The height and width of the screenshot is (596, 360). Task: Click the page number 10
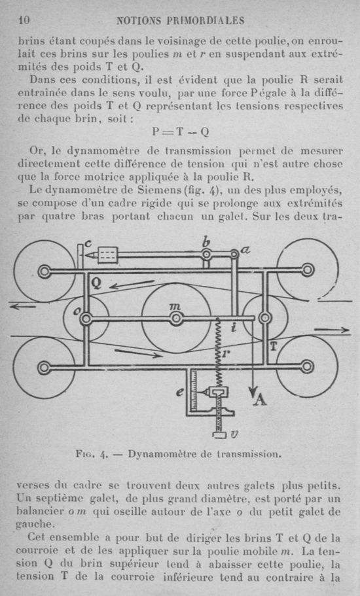24,20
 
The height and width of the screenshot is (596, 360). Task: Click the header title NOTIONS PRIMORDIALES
180,20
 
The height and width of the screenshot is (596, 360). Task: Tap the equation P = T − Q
181,132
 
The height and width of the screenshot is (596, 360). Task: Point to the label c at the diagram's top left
88,243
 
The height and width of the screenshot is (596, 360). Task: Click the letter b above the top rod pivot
206,242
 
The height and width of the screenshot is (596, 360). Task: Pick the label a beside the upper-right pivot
245,249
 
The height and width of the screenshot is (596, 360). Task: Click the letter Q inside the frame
97,283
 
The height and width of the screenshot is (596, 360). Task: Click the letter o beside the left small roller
76,311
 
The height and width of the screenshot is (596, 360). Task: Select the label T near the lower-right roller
273,345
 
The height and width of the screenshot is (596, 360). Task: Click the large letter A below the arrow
260,399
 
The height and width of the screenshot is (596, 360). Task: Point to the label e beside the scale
179,392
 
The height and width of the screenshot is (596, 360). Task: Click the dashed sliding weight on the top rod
108,255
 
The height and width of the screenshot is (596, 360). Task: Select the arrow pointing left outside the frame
23,306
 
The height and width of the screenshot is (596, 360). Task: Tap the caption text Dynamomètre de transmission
204,454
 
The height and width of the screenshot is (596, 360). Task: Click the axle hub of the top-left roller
44,271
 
